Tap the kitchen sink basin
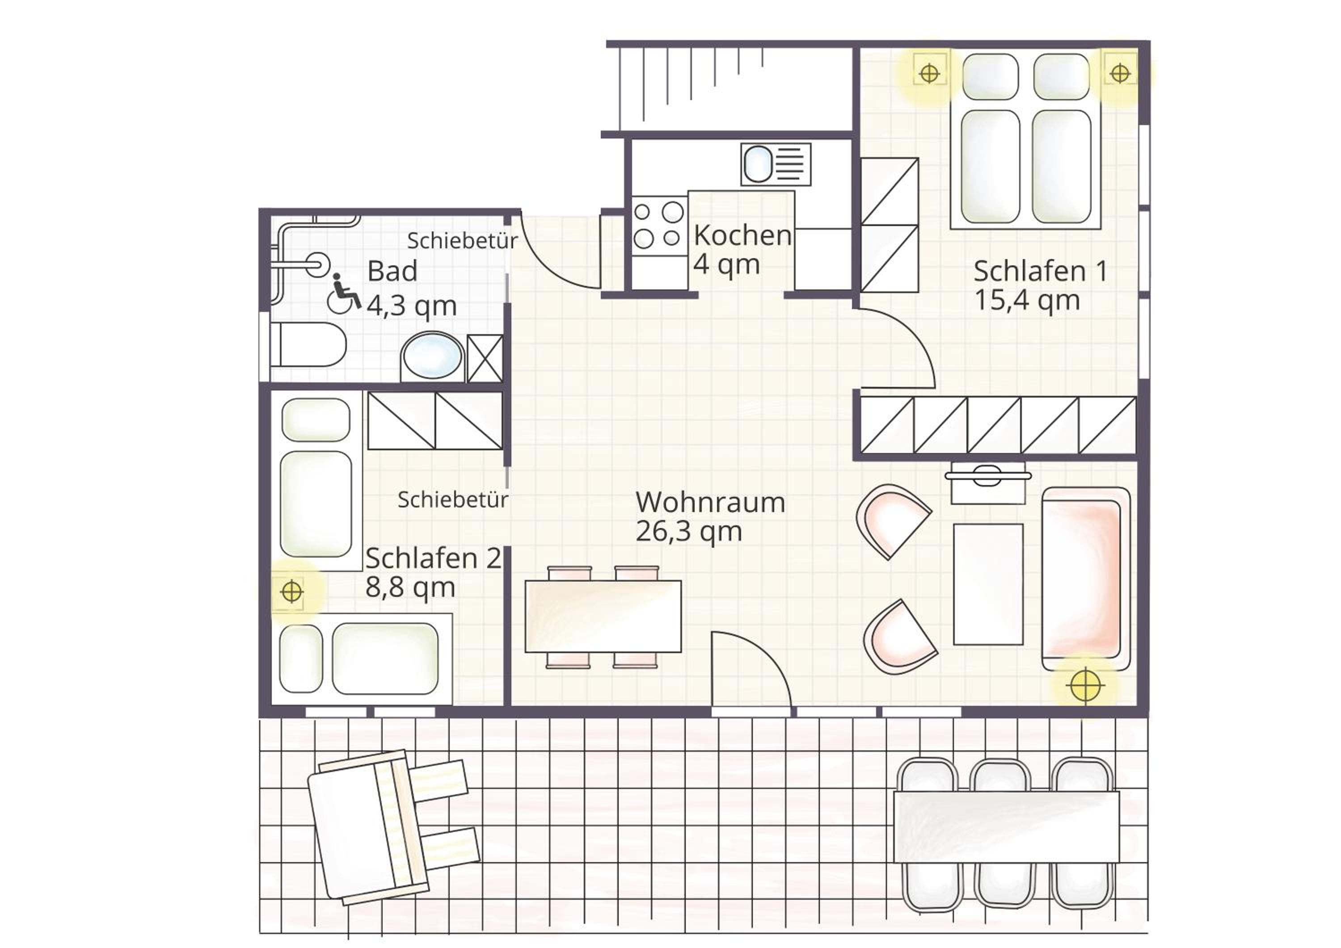coord(758,164)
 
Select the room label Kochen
coord(742,235)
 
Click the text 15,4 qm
coord(1027,301)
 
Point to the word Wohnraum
coord(710,502)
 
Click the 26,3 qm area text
coord(689,532)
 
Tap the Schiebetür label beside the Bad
coord(462,240)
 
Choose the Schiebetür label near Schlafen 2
coord(453,499)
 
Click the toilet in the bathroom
coord(308,344)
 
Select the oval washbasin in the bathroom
coord(432,356)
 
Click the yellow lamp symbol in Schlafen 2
coord(291,592)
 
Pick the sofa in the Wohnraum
coord(1086,579)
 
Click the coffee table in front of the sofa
coord(988,584)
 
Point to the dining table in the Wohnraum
coord(603,616)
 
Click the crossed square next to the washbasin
coord(485,358)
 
